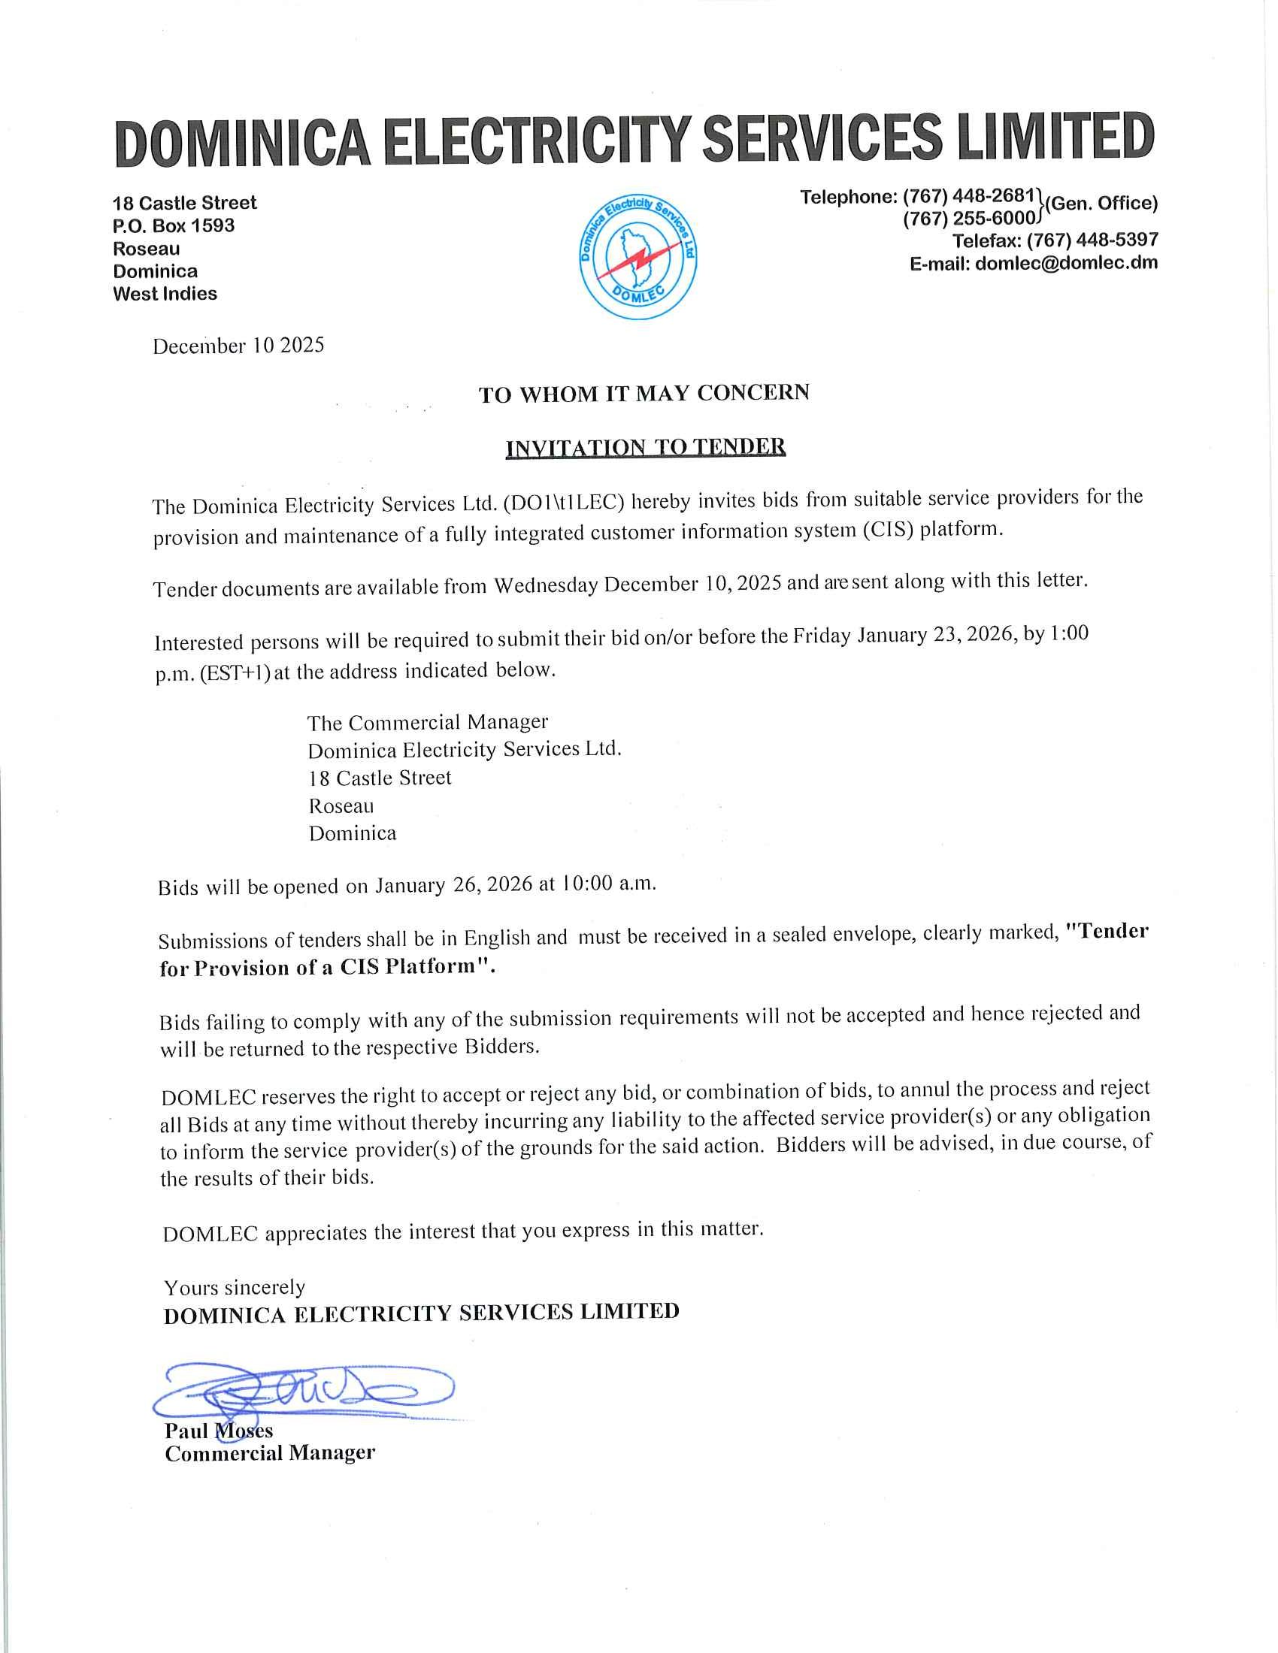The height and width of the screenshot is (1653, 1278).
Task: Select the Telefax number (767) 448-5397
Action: click(x=1092, y=240)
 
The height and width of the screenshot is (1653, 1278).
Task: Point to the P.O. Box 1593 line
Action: click(x=174, y=225)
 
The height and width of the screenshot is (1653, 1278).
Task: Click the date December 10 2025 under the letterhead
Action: click(x=238, y=346)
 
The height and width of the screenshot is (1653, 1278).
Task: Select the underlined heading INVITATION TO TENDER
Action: click(x=645, y=447)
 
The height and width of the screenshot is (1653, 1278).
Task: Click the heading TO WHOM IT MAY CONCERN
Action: click(x=644, y=394)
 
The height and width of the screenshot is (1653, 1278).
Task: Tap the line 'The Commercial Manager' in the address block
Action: click(x=427, y=722)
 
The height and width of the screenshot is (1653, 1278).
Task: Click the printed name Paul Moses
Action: click(x=219, y=1431)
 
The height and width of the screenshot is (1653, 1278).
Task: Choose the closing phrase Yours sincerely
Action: click(x=235, y=1287)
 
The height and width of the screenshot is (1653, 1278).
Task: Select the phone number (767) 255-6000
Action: click(x=968, y=219)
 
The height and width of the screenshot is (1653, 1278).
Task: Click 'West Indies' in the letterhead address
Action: click(x=165, y=294)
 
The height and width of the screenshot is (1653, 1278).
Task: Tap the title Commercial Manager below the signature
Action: click(x=270, y=1453)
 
